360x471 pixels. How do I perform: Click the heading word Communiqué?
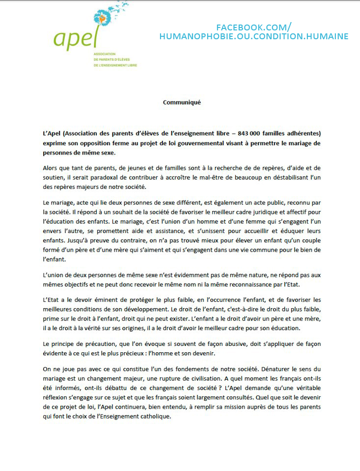pos(182,103)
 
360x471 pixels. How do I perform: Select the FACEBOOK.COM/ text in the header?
pos(254,27)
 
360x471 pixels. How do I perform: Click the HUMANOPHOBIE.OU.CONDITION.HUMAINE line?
pos(254,36)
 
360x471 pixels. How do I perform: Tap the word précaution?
pos(97,344)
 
